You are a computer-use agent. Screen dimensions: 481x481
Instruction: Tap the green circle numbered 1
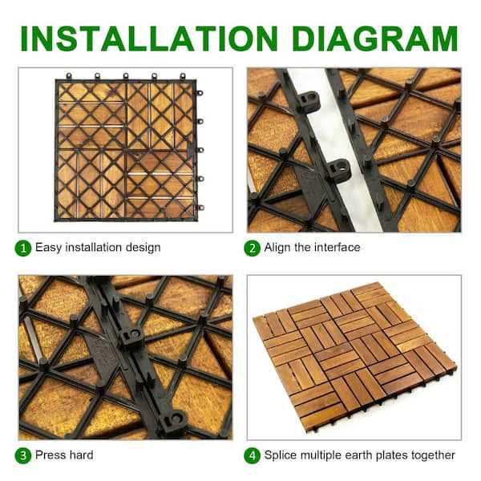pyautogui.click(x=25, y=248)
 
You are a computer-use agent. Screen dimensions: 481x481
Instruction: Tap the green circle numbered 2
pyautogui.click(x=253, y=248)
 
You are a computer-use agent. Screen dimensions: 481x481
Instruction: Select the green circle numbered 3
pyautogui.click(x=25, y=455)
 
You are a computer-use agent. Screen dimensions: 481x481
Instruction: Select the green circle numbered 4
pyautogui.click(x=253, y=455)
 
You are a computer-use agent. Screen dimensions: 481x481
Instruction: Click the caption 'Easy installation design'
pyautogui.click(x=98, y=248)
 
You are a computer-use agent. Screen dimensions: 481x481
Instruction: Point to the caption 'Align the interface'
pyautogui.click(x=312, y=248)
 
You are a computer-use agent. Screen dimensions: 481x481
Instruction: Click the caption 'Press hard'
pyautogui.click(x=64, y=455)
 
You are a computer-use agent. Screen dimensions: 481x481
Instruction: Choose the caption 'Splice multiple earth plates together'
pyautogui.click(x=359, y=455)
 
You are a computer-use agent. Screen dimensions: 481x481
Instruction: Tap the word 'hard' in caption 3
pyautogui.click(x=80, y=455)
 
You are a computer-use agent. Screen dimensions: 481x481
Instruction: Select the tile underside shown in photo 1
pyautogui.click(x=127, y=149)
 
